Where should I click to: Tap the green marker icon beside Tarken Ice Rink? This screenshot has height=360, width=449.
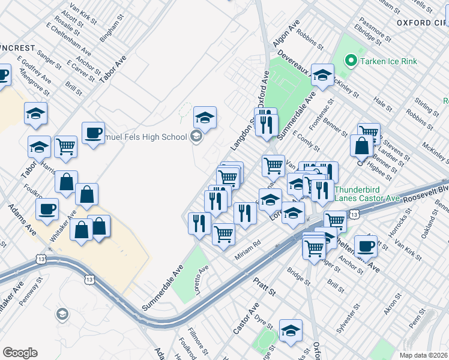[x=351, y=61]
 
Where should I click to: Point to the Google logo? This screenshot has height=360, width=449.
[x=20, y=353]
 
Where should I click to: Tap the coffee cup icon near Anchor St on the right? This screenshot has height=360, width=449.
[x=366, y=245]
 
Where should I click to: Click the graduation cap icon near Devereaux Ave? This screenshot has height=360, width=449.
[x=322, y=75]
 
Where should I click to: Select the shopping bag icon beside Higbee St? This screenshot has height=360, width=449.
[x=362, y=146]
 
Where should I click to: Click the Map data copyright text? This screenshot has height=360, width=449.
[x=421, y=355]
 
